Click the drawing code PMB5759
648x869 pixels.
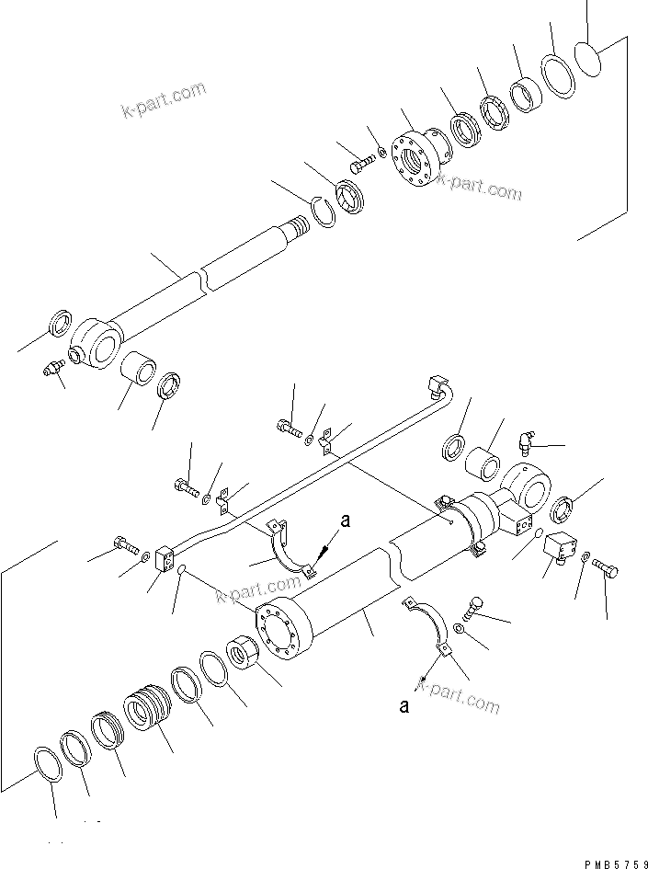(x=615, y=863)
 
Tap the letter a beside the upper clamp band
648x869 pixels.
(x=346, y=521)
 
